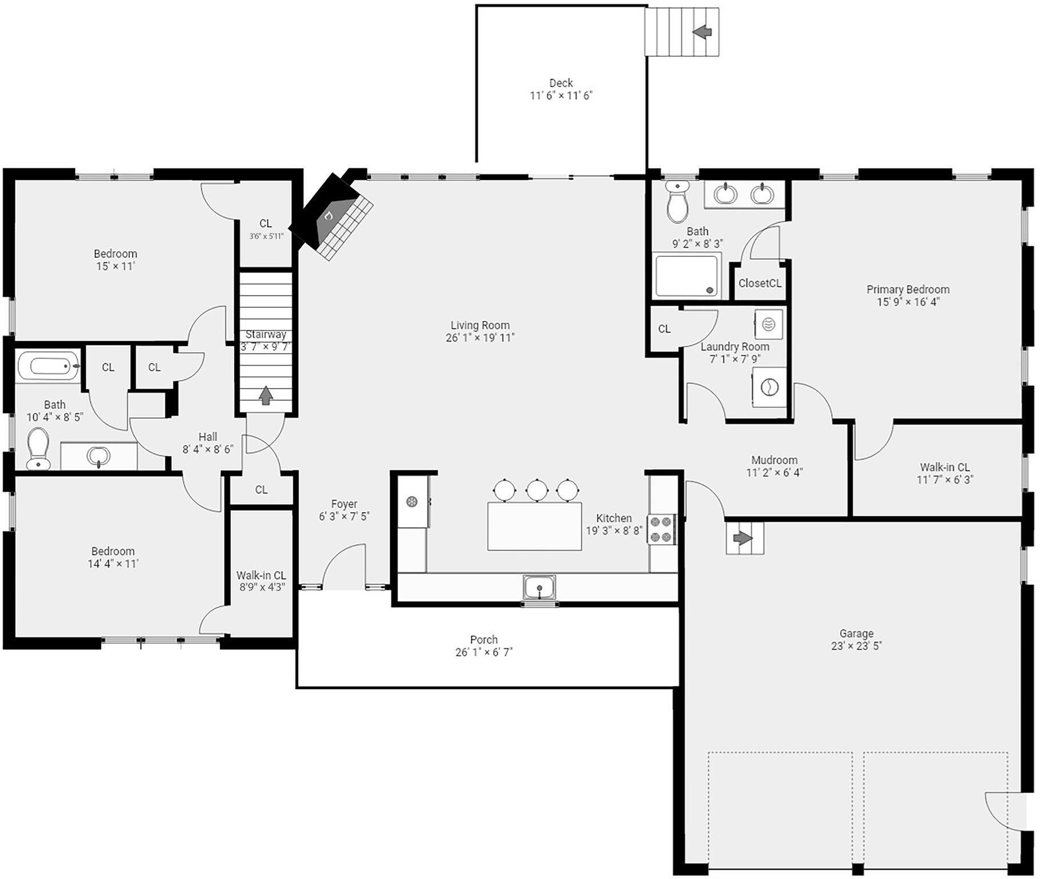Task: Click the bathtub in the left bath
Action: pyautogui.click(x=48, y=365)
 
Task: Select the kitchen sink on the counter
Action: pyautogui.click(x=539, y=587)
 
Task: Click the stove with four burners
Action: pyautogui.click(x=661, y=529)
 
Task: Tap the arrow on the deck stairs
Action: pyautogui.click(x=702, y=32)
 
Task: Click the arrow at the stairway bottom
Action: pyautogui.click(x=265, y=395)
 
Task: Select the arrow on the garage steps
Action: pyautogui.click(x=742, y=539)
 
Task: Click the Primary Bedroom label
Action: pyautogui.click(x=907, y=290)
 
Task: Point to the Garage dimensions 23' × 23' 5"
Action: pyautogui.click(x=856, y=646)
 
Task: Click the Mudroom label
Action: pyautogui.click(x=774, y=460)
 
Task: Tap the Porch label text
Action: pyautogui.click(x=484, y=640)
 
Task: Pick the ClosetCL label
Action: pyautogui.click(x=760, y=283)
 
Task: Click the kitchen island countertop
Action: pyautogui.click(x=534, y=526)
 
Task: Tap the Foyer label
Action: pyautogui.click(x=344, y=504)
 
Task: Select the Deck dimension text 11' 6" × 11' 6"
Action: pyautogui.click(x=560, y=96)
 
